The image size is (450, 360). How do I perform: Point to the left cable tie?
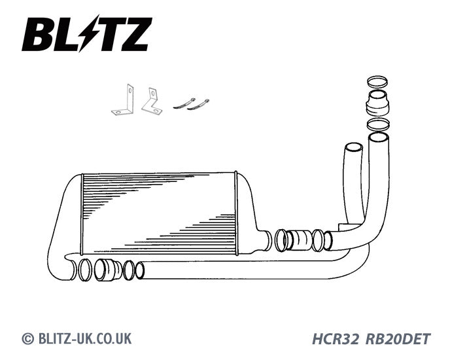click(184, 103)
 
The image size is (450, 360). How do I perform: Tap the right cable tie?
click(198, 105)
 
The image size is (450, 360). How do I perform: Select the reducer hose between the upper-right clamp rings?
click(378, 103)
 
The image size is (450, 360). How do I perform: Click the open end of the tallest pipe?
click(379, 137)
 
